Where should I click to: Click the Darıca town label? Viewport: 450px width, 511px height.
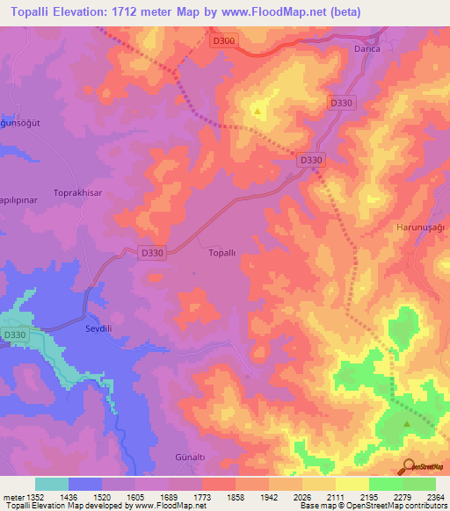367,50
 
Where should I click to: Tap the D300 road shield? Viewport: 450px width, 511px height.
223,40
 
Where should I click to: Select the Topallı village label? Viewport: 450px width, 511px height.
221,253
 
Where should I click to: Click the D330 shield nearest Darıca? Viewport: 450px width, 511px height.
342,103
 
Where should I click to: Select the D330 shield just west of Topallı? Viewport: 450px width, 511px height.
152,253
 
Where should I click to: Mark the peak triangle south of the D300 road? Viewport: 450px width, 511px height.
258,112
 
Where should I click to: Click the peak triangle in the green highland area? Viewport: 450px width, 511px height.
406,425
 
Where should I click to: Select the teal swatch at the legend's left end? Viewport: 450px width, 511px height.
51,484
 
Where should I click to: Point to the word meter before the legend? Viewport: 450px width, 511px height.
11,497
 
